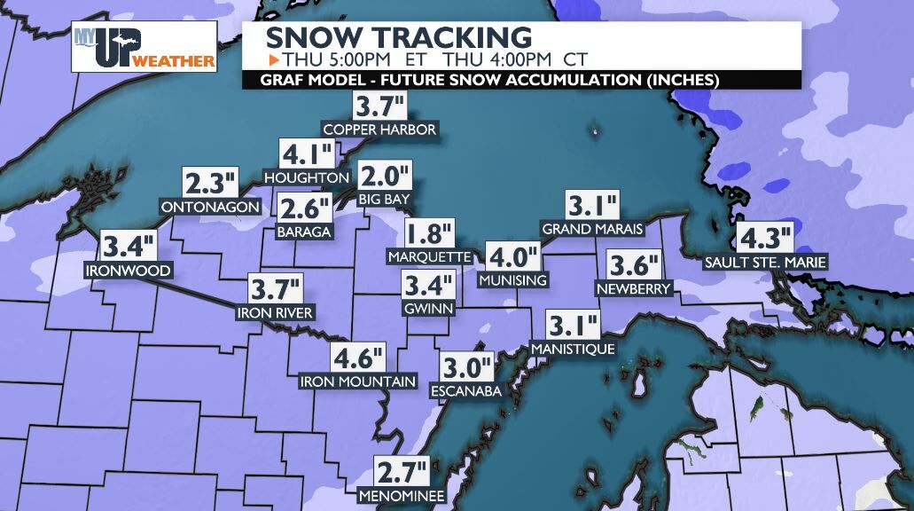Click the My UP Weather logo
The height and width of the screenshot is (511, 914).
point(145,46)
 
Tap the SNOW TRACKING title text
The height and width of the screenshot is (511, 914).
point(399,37)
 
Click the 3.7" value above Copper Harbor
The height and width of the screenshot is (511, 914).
point(379,107)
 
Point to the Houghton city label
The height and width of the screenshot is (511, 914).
point(307,177)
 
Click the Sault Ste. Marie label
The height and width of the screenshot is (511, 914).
point(765,262)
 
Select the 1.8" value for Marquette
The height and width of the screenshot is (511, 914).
point(430,235)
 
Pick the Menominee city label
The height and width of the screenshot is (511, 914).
point(402,495)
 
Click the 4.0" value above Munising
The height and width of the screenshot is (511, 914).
point(513,258)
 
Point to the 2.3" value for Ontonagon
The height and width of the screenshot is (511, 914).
point(211,185)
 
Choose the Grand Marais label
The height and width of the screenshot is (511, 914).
point(592,229)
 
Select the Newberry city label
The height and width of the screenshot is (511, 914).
point(634,288)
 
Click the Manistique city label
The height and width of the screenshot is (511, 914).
point(573,349)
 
